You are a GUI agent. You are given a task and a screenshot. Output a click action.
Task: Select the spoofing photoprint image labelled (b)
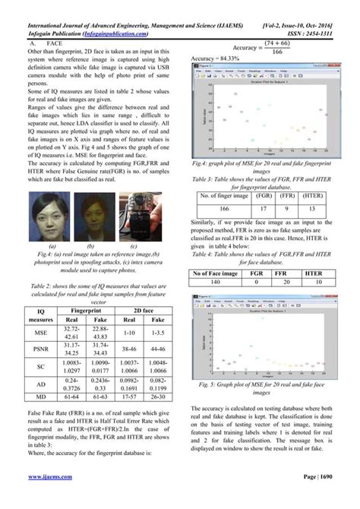coord(91,216)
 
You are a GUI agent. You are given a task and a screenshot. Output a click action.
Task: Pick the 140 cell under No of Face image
coord(224,304)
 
